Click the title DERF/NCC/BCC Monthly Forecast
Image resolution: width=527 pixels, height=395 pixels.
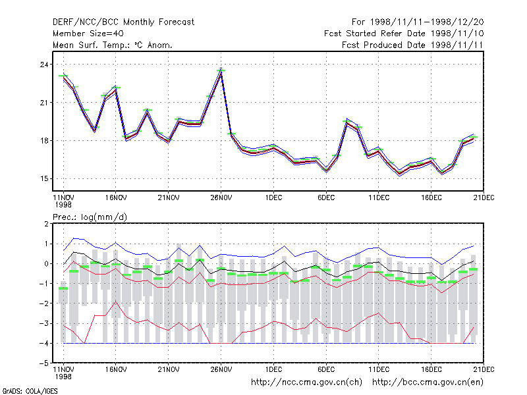tap(123, 22)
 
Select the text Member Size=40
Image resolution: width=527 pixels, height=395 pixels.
tap(88, 34)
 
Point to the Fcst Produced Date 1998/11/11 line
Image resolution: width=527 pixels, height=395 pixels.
tap(412, 45)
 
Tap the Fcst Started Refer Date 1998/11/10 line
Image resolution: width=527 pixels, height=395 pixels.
tap(404, 34)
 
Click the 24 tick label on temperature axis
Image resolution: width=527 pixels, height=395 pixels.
tap(44, 65)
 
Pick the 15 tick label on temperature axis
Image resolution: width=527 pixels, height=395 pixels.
tap(44, 178)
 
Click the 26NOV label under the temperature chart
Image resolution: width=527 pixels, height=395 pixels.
tap(221, 198)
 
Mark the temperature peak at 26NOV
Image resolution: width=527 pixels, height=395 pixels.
tap(221, 70)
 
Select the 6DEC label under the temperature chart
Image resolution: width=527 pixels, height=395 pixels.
tap(326, 198)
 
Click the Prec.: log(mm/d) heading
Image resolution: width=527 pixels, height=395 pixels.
tap(90, 217)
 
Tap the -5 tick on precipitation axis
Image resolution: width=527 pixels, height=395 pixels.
tap(44, 363)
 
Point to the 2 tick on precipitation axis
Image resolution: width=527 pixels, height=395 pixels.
tap(46, 224)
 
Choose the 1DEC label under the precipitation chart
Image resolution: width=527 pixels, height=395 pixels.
tap(273, 369)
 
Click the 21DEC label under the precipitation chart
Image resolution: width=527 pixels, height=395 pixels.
tap(484, 369)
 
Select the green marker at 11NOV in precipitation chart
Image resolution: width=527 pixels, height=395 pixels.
tap(63, 288)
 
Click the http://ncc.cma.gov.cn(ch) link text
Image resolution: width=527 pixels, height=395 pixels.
tap(306, 382)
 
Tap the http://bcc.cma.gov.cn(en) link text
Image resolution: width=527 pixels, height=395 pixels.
tap(428, 382)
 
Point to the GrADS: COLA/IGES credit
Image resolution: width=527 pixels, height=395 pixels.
tap(30, 391)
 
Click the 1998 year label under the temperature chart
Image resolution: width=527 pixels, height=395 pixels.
tap(63, 205)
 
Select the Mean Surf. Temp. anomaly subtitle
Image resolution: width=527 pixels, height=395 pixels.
tap(113, 45)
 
